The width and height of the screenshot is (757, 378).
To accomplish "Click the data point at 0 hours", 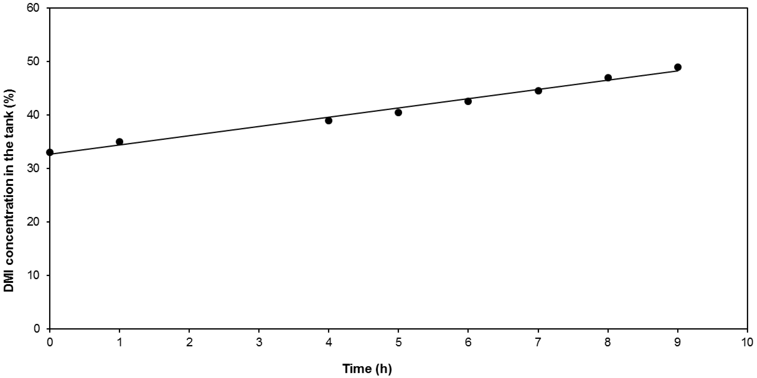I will pyautogui.click(x=50, y=152).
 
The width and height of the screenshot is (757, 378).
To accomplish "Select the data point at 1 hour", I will pyautogui.click(x=119, y=142).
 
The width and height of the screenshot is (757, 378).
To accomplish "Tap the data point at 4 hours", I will pyautogui.click(x=329, y=121).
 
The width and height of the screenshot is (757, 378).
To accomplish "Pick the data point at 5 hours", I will pyautogui.click(x=398, y=112).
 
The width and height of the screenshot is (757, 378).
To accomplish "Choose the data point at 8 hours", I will pyautogui.click(x=608, y=78).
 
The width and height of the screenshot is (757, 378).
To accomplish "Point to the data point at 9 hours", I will pyautogui.click(x=678, y=67).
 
